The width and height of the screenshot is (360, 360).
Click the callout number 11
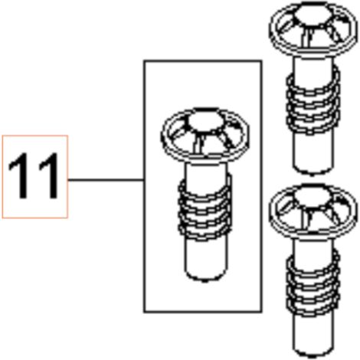[x=34, y=175]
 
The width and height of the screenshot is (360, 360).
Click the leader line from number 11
[x=106, y=180]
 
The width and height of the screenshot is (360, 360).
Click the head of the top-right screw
[x=313, y=29]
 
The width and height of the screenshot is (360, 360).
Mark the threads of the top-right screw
[x=313, y=102]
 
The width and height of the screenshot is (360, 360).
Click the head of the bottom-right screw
[x=313, y=211]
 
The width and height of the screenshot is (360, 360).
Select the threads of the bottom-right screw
[x=313, y=283]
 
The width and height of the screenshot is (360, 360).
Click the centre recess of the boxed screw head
[x=205, y=121]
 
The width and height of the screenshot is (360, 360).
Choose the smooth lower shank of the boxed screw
[x=205, y=258]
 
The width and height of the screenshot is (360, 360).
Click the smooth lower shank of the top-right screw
[x=313, y=151]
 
